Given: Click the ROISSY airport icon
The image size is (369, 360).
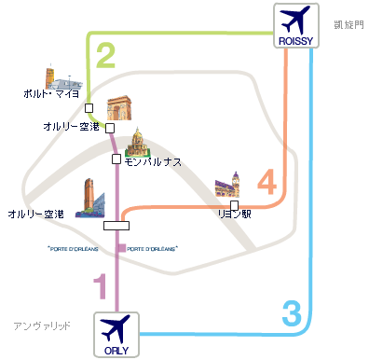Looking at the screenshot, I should click(x=298, y=26).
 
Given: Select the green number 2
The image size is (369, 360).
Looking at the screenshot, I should click(x=105, y=58).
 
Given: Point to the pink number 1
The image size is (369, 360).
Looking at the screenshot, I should click(x=101, y=284).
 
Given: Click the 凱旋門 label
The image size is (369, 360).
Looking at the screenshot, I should click(x=346, y=21).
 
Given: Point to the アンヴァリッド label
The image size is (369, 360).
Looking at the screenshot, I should click(x=42, y=325).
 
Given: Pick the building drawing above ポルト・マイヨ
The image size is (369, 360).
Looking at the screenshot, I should click(x=56, y=76).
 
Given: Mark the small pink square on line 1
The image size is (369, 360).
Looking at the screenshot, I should click(x=121, y=247).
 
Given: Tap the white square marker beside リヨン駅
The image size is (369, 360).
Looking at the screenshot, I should click(x=236, y=203).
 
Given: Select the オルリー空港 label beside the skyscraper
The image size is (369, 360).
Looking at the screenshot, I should click(x=35, y=214).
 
